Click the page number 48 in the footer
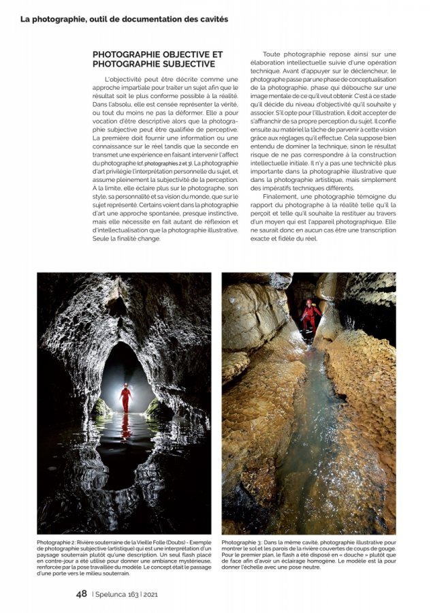tap(82, 594)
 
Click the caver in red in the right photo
tap(310, 315)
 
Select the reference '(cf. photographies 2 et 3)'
tap(163, 164)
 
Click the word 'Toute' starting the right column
tap(274, 54)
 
